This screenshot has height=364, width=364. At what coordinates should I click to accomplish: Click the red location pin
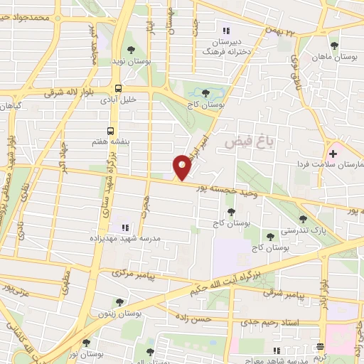pos(183,168)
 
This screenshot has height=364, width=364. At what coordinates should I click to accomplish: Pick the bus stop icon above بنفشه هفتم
pos(110,131)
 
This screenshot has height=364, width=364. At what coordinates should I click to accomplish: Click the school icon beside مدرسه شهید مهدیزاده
pos(124,227)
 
